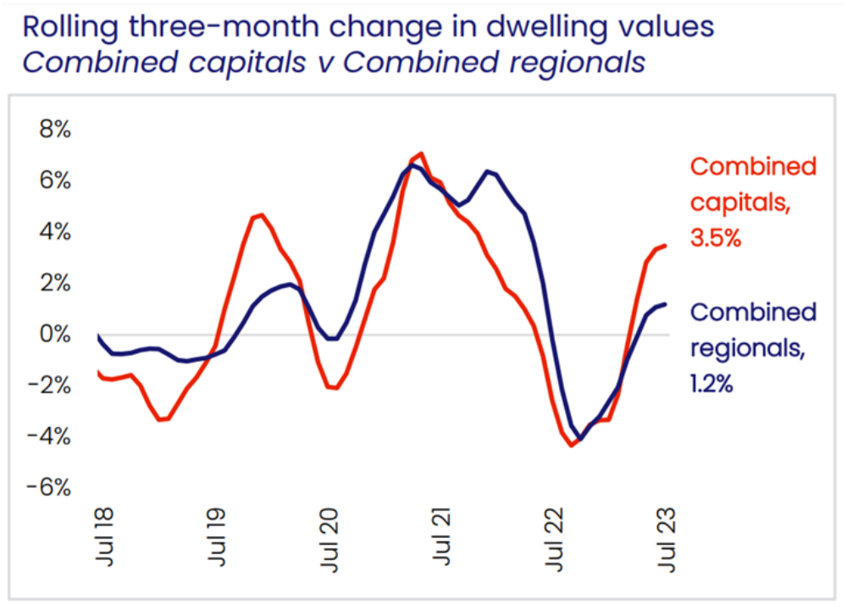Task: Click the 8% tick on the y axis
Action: tap(53, 129)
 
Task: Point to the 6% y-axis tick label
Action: tap(53, 180)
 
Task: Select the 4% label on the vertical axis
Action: tap(53, 231)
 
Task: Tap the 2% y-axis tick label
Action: tap(53, 283)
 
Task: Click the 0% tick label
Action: tap(53, 334)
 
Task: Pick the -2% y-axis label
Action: tap(48, 385)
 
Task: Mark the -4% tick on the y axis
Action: tap(48, 436)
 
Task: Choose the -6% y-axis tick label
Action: tap(48, 488)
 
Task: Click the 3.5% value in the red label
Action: tap(716, 239)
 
